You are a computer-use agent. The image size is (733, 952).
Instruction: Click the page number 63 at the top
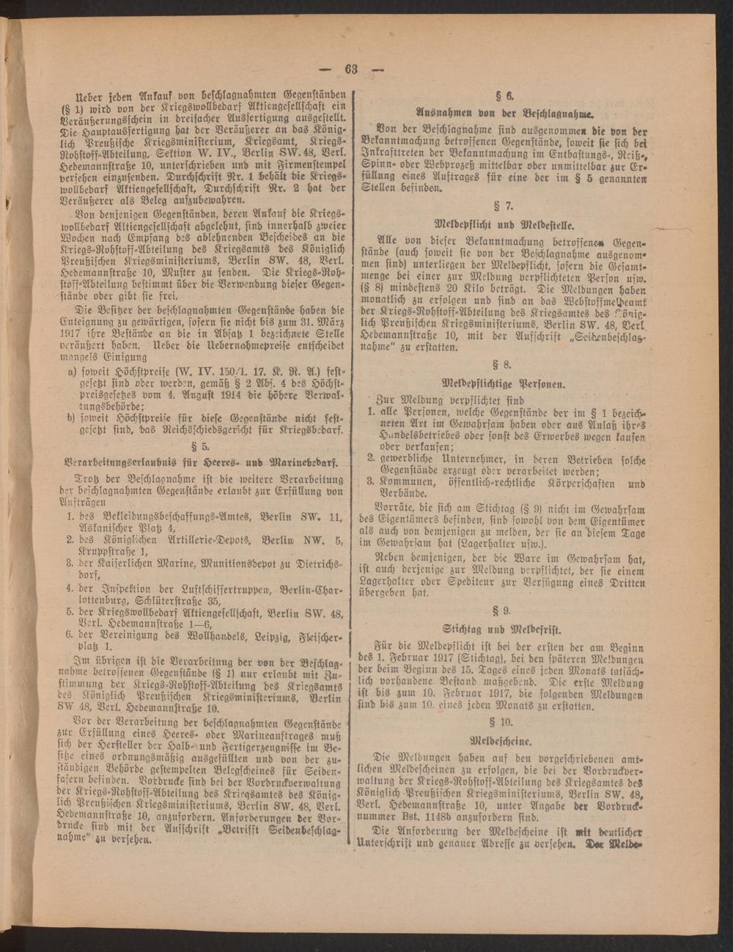tap(350, 70)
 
